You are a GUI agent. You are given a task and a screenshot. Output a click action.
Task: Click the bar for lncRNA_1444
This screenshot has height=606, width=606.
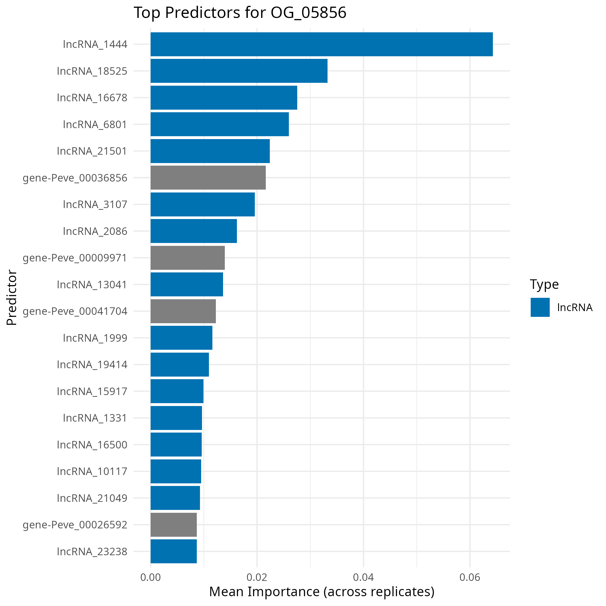pos(321,44)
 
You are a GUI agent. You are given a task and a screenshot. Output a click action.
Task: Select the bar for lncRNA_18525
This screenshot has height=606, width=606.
pos(239,71)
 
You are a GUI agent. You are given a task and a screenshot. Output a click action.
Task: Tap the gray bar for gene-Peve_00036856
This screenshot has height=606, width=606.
pos(208,177)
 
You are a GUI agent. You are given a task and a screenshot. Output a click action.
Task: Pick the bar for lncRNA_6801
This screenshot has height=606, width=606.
pos(220,124)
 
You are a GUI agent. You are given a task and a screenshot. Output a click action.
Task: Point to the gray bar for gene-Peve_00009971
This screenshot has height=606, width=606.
pos(188,258)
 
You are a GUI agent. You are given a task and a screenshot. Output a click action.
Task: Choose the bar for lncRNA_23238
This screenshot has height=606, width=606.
pos(173,551)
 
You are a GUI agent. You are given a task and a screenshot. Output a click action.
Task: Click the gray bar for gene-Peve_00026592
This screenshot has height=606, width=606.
pos(173,524)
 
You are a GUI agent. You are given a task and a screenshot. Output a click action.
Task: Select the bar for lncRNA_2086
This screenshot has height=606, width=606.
pos(194,231)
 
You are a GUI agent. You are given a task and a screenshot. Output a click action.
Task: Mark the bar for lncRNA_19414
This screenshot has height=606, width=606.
pos(179,364)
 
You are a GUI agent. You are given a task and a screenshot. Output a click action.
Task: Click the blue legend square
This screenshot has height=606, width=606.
pos(540,307)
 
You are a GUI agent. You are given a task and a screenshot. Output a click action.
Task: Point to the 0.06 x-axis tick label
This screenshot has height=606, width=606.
pos(470,577)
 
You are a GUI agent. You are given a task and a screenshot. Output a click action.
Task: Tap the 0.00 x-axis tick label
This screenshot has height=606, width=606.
pos(151,577)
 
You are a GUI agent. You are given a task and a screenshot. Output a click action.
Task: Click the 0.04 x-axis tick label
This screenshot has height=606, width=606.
pos(363,577)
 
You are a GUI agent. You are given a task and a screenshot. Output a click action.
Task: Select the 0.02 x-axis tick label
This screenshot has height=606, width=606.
pos(257,577)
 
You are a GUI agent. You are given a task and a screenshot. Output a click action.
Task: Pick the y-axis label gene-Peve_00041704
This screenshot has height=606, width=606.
pos(75,311)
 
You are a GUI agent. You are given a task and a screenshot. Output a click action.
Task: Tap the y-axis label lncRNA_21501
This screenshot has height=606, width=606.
pos(91,151)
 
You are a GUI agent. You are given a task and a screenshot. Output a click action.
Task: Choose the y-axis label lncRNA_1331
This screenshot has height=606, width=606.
pos(95,418)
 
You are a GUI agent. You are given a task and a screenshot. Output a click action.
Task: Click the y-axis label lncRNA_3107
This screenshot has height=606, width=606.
pos(95,205)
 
